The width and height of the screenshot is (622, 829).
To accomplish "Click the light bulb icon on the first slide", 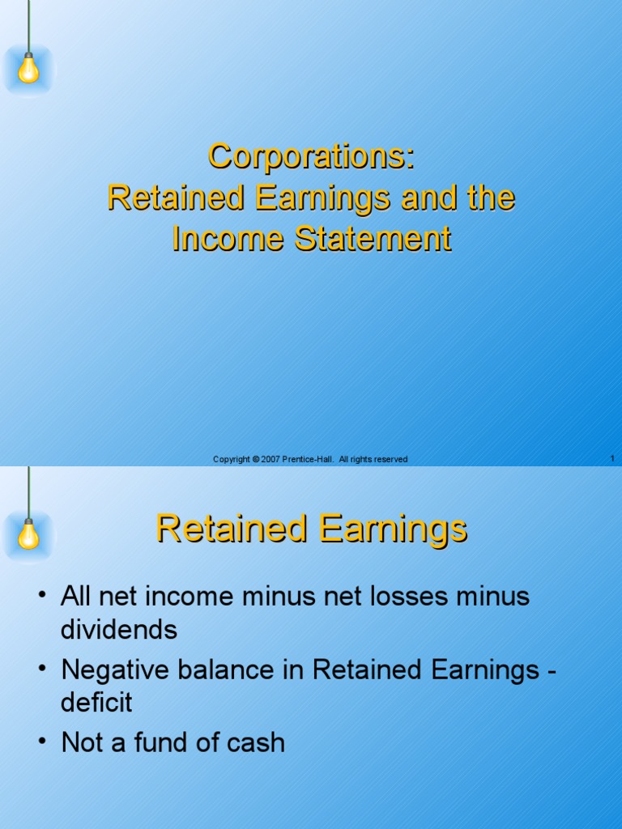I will point(28,69).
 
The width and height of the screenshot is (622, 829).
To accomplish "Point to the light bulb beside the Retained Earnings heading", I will point(28,534).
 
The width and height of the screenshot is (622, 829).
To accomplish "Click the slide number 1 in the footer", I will point(612,459).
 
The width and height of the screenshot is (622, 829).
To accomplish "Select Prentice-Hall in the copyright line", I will point(307,459).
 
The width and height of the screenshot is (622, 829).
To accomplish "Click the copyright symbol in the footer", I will point(255,459).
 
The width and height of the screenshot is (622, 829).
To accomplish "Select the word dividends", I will point(118,630).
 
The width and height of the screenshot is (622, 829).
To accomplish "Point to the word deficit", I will point(96,702).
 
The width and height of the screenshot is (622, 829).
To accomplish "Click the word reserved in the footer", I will point(391,459).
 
